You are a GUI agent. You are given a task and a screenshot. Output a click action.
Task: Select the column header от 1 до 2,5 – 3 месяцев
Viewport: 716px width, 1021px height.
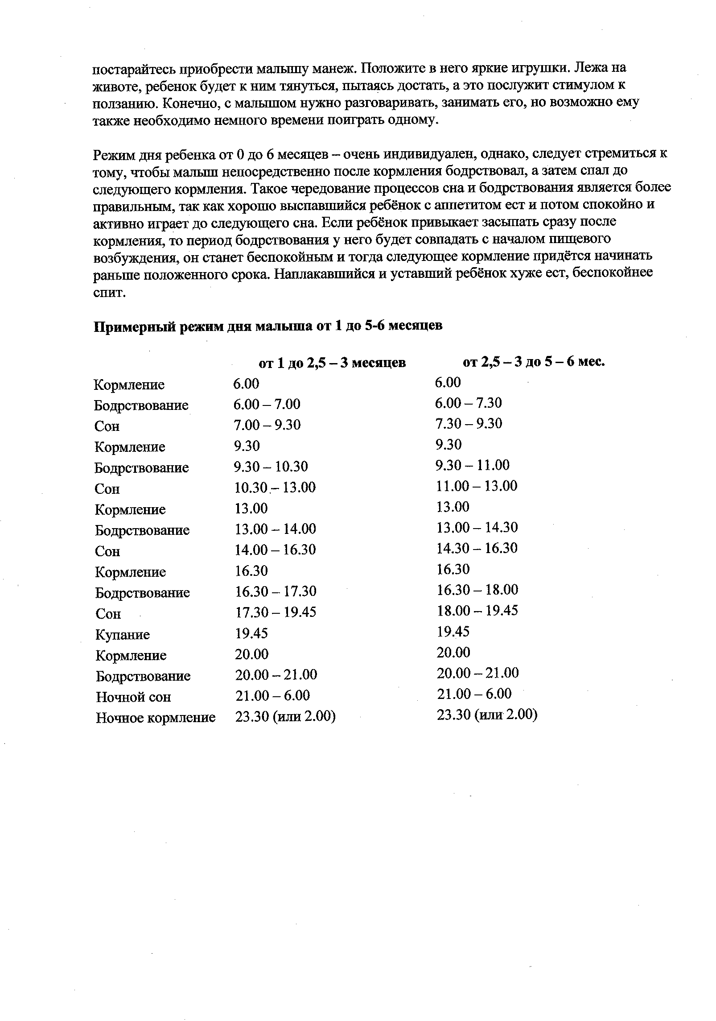pos(332,363)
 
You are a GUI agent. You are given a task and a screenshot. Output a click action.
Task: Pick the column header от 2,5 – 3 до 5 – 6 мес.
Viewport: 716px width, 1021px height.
pos(534,362)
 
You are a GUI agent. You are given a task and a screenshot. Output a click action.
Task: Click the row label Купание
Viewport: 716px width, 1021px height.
pos(123,635)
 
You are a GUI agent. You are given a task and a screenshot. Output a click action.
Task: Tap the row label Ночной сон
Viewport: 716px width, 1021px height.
pos(133,697)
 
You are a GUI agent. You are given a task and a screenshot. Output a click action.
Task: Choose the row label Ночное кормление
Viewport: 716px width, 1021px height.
pos(156,718)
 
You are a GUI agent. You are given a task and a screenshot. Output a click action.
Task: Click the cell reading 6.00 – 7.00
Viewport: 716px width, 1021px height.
pos(267,404)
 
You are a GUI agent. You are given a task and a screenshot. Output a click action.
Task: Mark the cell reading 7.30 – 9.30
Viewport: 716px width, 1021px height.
pos(469,423)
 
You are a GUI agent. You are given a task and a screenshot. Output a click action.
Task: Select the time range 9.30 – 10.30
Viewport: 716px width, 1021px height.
pos(271,467)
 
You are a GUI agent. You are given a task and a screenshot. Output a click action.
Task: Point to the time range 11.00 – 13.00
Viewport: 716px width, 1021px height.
pos(477,486)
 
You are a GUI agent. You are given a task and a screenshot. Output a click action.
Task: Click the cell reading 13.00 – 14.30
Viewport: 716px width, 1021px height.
pos(477,528)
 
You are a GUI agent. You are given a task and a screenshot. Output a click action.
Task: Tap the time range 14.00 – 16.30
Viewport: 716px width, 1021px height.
pos(275,550)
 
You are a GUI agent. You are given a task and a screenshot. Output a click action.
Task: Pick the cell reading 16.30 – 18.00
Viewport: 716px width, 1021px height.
pos(477,590)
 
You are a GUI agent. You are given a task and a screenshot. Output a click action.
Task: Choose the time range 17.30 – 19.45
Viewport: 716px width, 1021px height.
pos(276,612)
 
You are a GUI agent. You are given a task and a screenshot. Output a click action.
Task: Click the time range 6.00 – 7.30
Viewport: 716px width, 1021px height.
pos(468,403)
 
